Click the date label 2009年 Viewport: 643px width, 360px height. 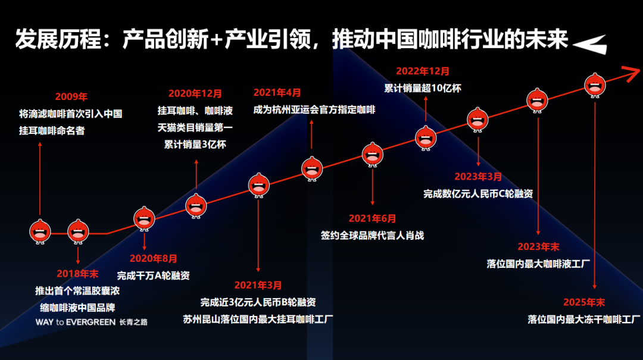click(x=71, y=96)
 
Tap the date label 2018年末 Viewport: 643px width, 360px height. click(x=77, y=274)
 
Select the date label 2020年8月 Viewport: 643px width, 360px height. click(x=154, y=258)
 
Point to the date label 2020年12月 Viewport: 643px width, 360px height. click(x=195, y=93)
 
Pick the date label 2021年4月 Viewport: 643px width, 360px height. click(x=277, y=93)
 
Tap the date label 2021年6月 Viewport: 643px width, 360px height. click(x=372, y=218)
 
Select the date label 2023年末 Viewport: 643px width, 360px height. click(x=538, y=246)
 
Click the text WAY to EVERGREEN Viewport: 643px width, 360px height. click(x=76, y=322)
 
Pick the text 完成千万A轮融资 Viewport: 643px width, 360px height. click(x=153, y=276)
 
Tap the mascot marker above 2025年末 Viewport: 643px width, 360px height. click(x=594, y=84)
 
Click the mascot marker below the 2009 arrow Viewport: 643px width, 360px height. click(x=40, y=231)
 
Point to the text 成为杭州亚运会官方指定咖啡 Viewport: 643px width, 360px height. click(x=314, y=109)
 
